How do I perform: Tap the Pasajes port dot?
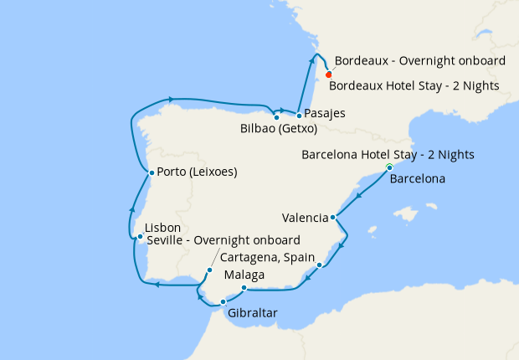pos(299,115)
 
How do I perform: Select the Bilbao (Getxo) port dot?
pos(276,117)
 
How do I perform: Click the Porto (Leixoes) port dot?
pos(151,173)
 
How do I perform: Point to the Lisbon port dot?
pos(141,237)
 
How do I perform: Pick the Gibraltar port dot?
pos(223,301)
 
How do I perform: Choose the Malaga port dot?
pos(244,289)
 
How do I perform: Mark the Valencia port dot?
pos(333,218)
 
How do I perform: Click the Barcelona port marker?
pos(389,168)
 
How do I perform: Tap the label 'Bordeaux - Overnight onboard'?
pos(419,61)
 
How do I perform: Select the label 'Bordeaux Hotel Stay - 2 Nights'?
pos(414,85)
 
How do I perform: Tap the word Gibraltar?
pos(251,314)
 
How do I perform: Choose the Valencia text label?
pos(305,218)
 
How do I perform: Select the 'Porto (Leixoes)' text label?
pos(197,173)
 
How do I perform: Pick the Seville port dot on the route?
pos(210,270)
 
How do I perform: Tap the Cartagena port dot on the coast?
pos(320,265)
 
